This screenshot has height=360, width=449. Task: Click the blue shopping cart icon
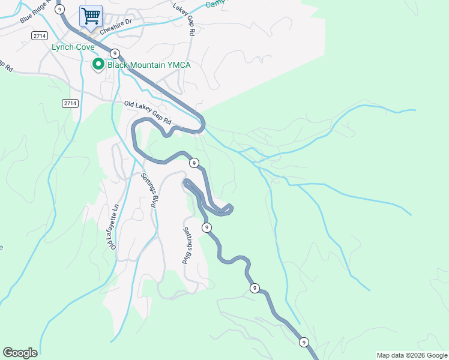91,16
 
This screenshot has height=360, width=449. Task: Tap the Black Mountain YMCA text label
149,65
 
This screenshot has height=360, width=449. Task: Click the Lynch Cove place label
73,47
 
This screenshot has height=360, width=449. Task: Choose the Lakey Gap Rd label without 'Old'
184,20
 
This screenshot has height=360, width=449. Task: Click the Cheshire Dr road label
115,28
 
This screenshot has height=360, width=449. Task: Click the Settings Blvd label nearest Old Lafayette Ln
148,190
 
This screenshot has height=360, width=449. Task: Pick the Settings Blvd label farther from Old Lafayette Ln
188,246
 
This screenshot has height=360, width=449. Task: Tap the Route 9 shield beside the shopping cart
59,8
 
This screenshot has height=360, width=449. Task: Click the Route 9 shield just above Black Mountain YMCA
113,53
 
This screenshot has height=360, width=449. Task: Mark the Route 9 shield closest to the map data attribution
304,342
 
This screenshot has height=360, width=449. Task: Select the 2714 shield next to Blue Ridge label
39,36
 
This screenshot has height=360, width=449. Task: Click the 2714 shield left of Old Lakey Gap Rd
70,103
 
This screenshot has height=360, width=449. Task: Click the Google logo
20,353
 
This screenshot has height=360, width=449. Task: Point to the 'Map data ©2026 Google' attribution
412,355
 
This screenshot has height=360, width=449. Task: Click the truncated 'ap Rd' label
6,66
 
